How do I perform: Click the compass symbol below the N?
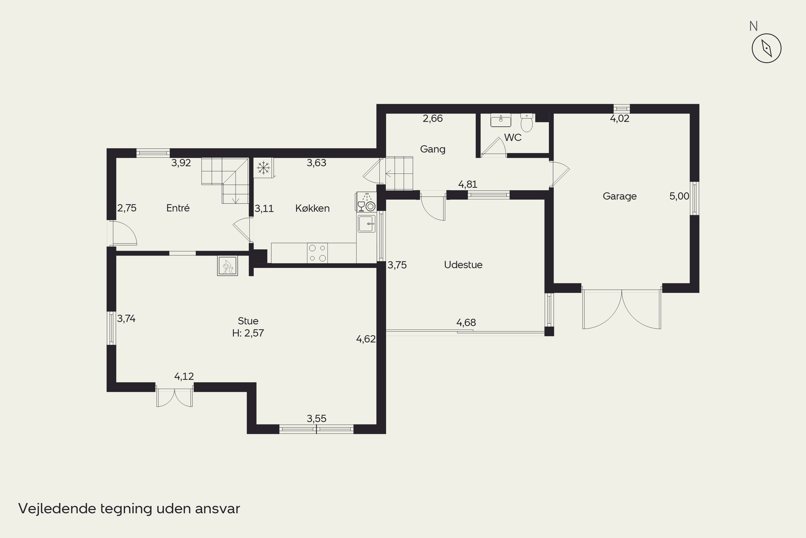tap(766, 48)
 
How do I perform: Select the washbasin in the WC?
tap(501, 120)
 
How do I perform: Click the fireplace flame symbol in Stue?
tap(228, 266)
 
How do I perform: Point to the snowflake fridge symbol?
tap(264, 168)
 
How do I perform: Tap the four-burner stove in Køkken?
tap(317, 253)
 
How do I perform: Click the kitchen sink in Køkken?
tap(367, 224)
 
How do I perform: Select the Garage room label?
tap(620, 196)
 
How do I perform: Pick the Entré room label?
tap(178, 208)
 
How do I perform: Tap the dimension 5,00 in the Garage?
tap(679, 196)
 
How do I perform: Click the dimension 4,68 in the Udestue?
tap(466, 323)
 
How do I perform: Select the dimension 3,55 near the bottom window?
tap(316, 419)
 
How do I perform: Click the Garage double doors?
tap(622, 309)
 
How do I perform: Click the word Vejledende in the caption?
tap(57, 508)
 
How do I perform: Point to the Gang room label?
tap(433, 149)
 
